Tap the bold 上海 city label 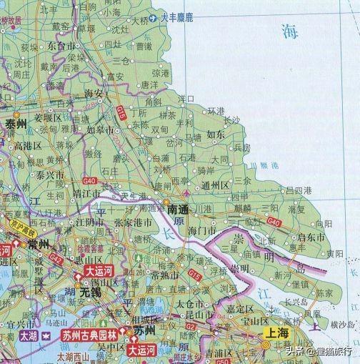click(278, 333)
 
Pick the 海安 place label click(95, 93)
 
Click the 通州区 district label click(214, 185)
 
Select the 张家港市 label click(130, 223)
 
